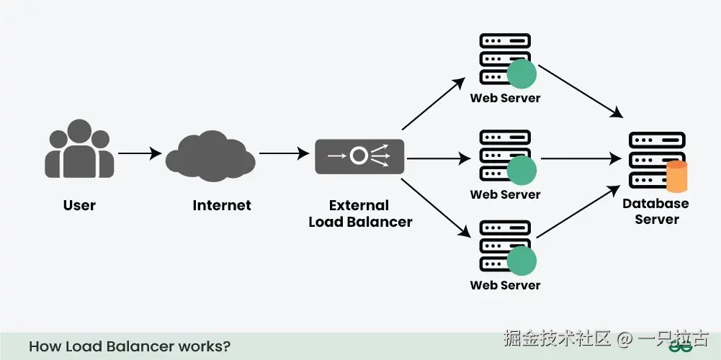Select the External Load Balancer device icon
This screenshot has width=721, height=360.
359,156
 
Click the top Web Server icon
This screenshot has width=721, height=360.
504,59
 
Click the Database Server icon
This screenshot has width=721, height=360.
655,161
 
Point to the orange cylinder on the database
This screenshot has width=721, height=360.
677,177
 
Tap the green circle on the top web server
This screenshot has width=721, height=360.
521,73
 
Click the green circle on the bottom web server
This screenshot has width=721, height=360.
521,261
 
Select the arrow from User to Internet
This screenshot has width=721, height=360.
139,153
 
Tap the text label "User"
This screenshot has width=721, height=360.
79,205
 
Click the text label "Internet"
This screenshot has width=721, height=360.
222,205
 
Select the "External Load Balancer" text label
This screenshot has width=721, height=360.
360,214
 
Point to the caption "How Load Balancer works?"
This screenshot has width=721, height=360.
130,346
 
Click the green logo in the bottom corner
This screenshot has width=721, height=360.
679,348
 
